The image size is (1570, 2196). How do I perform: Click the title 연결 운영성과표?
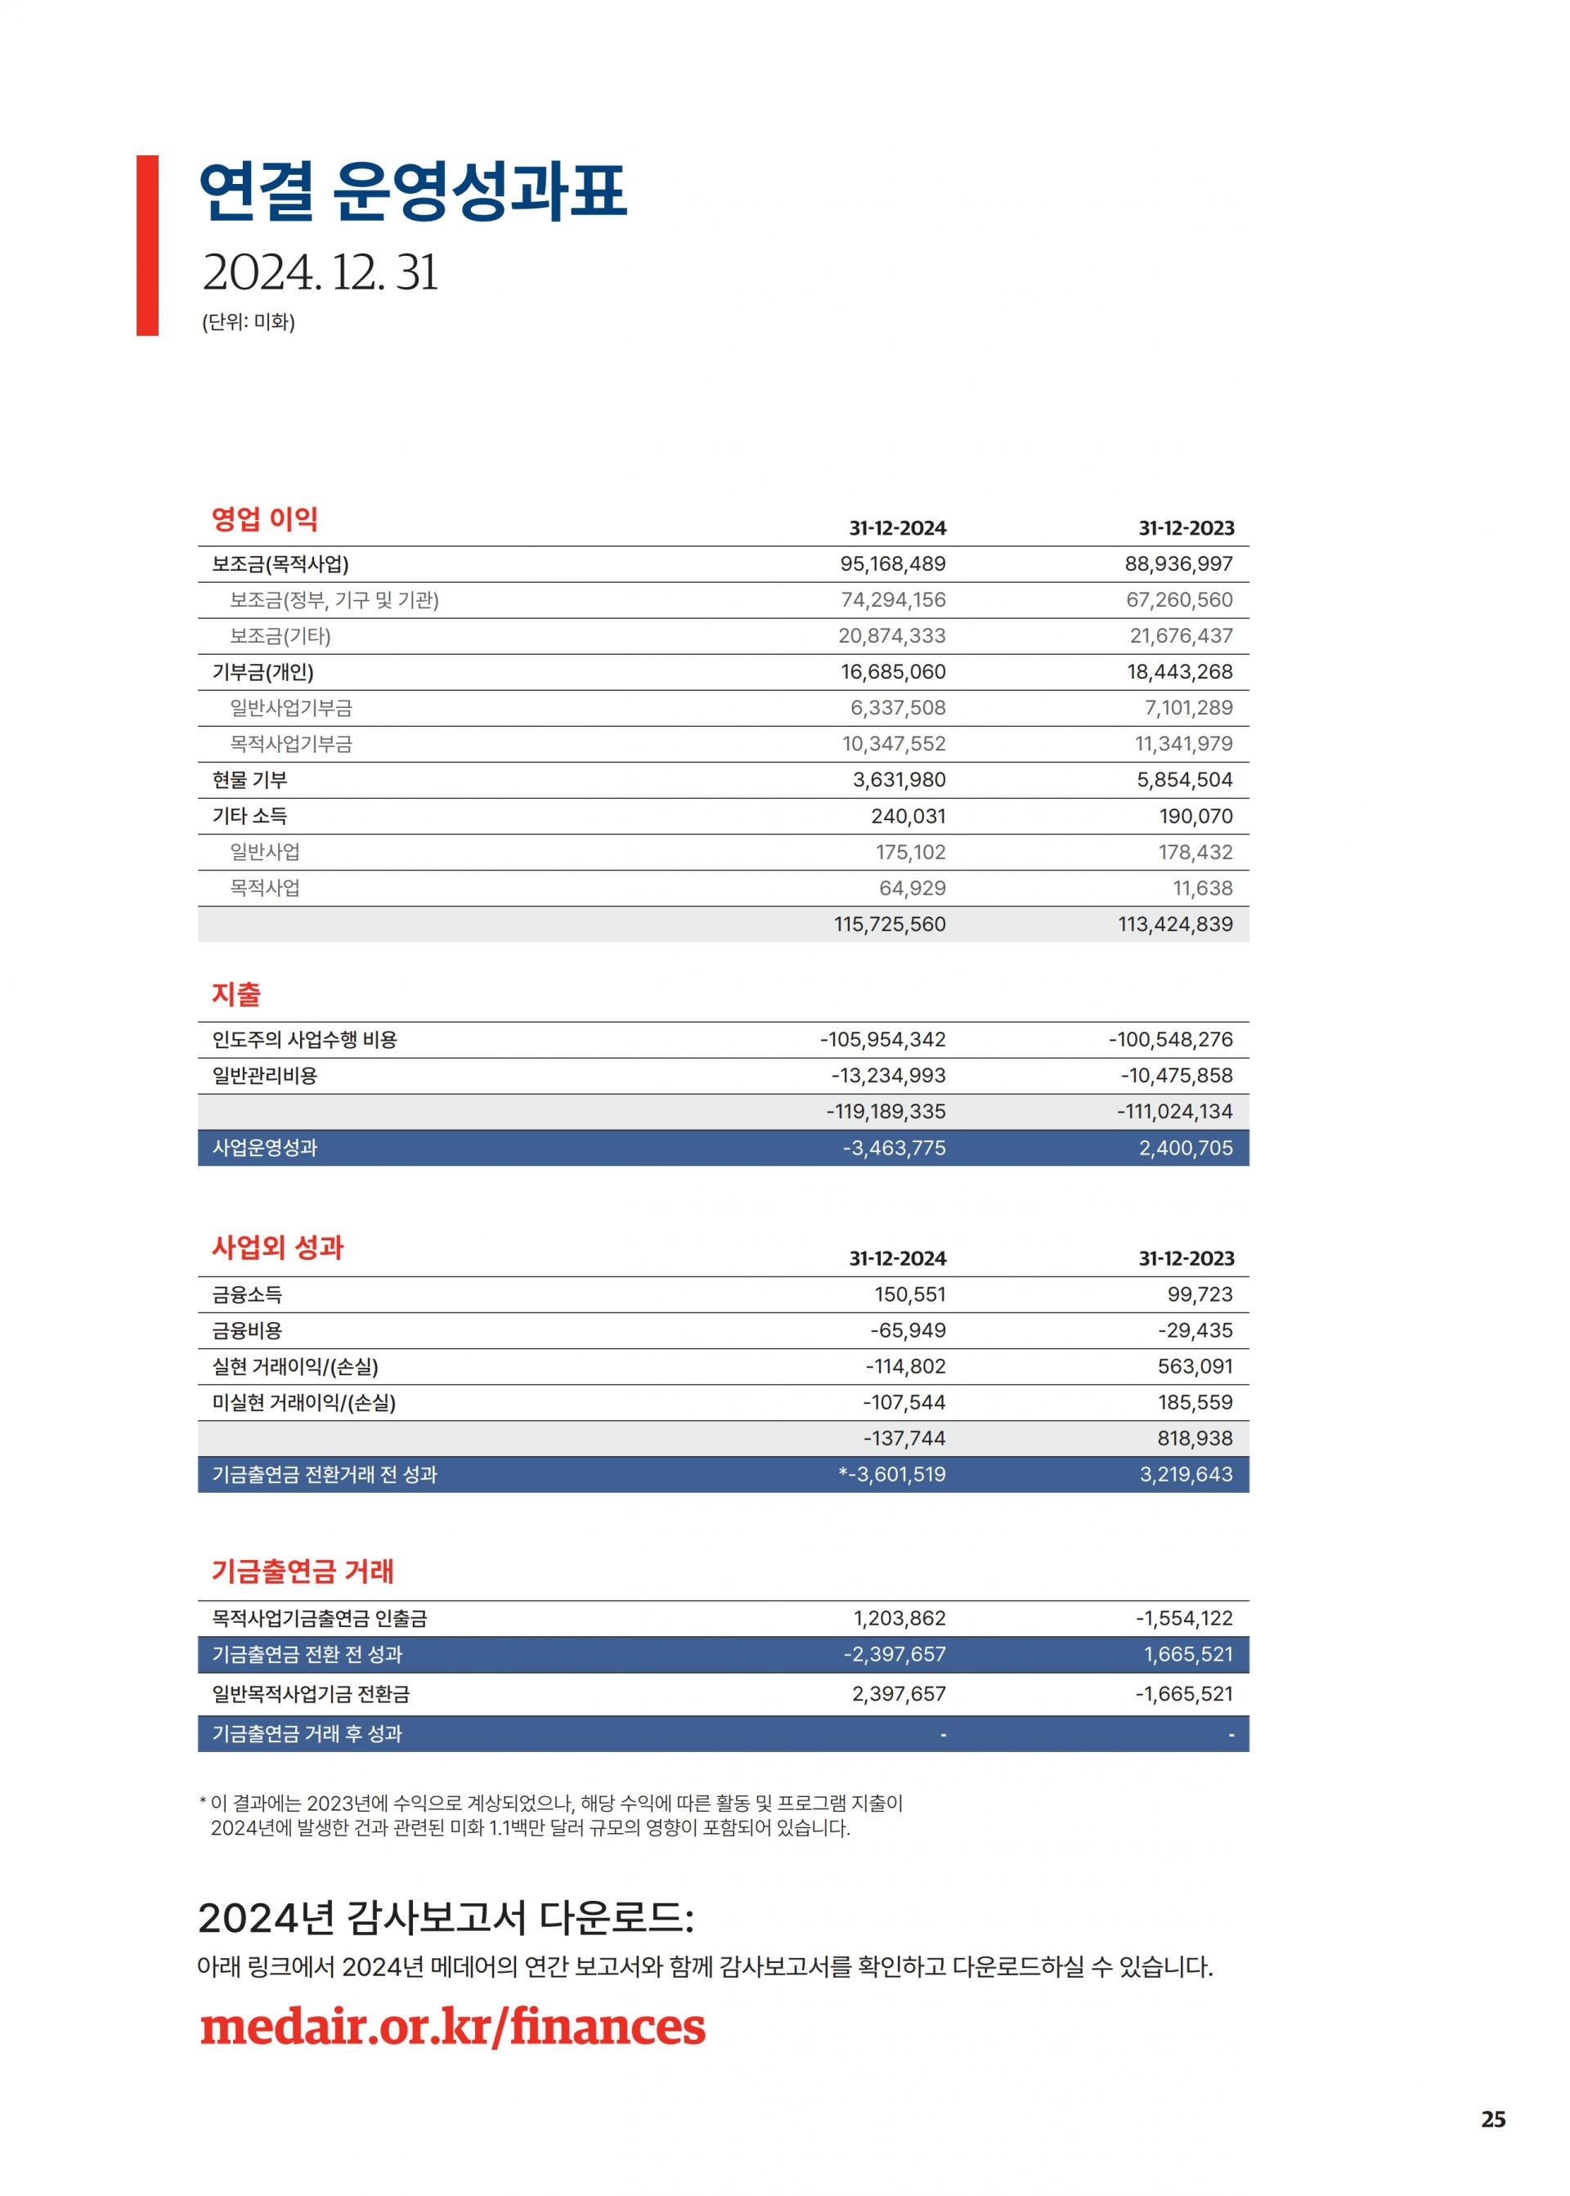pyautogui.click(x=413, y=190)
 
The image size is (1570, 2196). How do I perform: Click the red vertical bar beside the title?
pyautogui.click(x=147, y=245)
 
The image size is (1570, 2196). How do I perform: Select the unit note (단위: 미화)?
pyautogui.click(x=249, y=322)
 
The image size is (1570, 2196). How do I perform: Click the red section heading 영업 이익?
pyautogui.click(x=265, y=519)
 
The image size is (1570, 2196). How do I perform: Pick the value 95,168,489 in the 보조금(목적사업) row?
pyautogui.click(x=892, y=564)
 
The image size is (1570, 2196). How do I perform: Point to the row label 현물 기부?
pyautogui.click(x=249, y=780)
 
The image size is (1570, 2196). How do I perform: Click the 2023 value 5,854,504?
pyautogui.click(x=1184, y=780)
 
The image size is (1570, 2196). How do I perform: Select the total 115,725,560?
pyautogui.click(x=890, y=924)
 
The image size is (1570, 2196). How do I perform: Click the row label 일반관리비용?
pyautogui.click(x=264, y=1076)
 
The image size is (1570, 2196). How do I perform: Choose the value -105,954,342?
pyautogui.click(x=882, y=1040)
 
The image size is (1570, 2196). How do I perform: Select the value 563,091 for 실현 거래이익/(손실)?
pyautogui.click(x=1195, y=1367)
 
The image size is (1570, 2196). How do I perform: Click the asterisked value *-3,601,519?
pyautogui.click(x=891, y=1475)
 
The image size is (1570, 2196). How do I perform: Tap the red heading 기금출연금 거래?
pyautogui.click(x=303, y=1571)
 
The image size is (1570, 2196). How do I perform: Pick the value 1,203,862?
pyautogui.click(x=899, y=1619)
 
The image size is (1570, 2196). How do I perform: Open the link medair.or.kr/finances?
pyautogui.click(x=452, y=2028)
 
